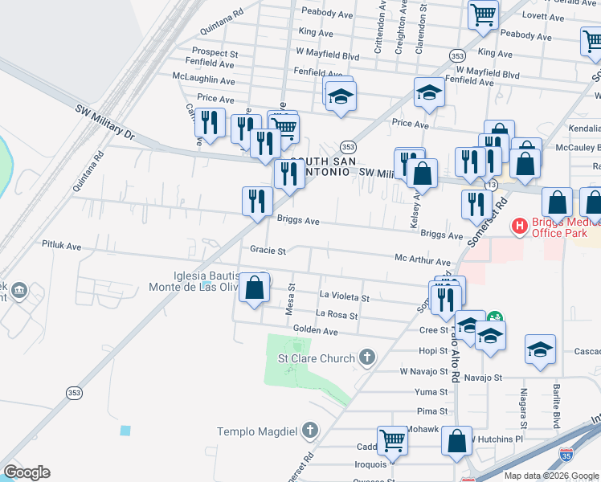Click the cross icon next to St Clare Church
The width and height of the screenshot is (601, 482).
(x=367, y=357)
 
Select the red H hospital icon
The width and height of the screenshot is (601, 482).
(x=520, y=227)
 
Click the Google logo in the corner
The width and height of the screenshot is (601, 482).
(x=27, y=472)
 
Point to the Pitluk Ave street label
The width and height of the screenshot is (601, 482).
(x=63, y=246)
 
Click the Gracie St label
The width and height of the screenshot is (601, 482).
(x=268, y=251)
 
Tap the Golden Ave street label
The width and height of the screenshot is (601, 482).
(x=315, y=330)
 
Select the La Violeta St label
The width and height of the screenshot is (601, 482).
(x=344, y=297)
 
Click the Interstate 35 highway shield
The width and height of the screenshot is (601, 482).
(x=566, y=455)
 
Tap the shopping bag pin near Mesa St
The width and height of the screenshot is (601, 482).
(x=255, y=288)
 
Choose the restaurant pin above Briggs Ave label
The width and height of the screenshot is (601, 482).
(x=257, y=201)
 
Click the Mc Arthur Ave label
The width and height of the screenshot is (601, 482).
(x=422, y=262)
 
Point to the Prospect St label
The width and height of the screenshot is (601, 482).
(x=215, y=53)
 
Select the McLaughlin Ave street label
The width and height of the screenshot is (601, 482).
(x=203, y=80)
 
